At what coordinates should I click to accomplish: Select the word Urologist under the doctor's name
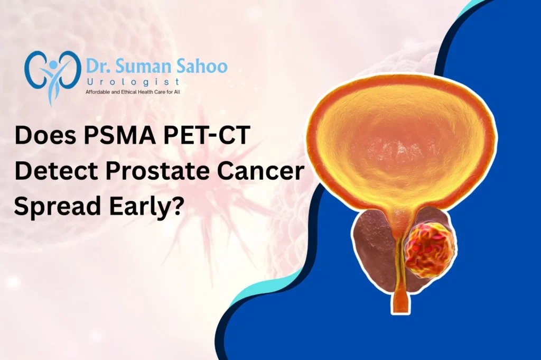pyautogui.click(x=133, y=82)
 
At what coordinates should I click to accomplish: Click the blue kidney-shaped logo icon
pyautogui.click(x=53, y=72)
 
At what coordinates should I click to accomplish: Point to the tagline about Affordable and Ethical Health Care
pyautogui.click(x=133, y=92)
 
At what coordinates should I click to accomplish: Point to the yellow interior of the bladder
pyautogui.click(x=401, y=145)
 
